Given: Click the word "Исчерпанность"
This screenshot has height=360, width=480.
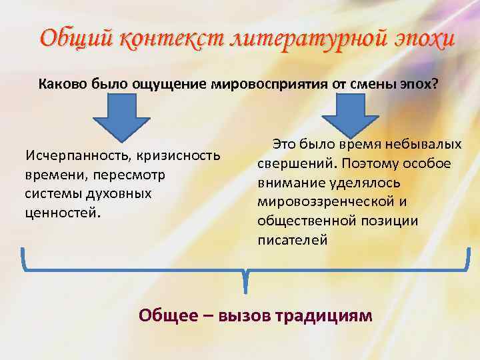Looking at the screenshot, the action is [x=77, y=156].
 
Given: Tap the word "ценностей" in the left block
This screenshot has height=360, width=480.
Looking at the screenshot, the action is [x=62, y=213].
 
